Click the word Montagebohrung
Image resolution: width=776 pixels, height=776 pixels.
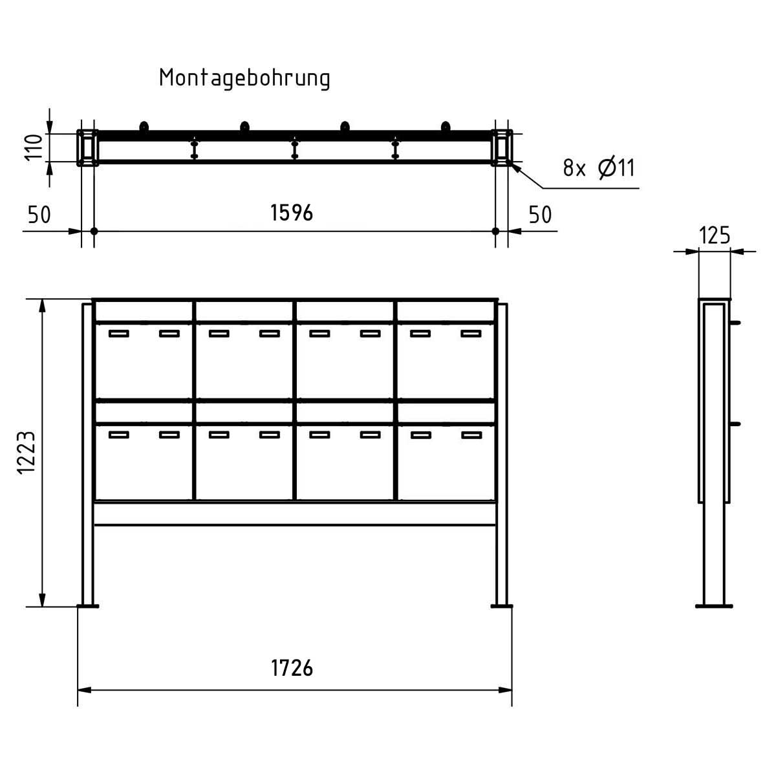click(x=244, y=78)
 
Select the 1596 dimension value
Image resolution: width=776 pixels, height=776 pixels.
click(x=292, y=213)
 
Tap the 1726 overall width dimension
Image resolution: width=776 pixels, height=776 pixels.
click(x=292, y=668)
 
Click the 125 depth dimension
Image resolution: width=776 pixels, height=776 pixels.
click(x=715, y=235)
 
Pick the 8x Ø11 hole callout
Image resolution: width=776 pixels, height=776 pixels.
click(x=599, y=169)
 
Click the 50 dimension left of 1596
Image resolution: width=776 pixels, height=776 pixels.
click(x=39, y=215)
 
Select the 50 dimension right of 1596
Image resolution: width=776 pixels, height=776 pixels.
click(x=541, y=215)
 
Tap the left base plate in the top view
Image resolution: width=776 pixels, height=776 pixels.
click(x=87, y=148)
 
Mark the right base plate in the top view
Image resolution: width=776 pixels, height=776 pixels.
click(x=502, y=148)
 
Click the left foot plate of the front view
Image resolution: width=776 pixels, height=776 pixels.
click(x=88, y=606)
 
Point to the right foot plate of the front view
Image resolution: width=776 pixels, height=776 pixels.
click(x=501, y=606)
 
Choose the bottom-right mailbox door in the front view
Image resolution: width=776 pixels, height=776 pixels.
click(x=446, y=460)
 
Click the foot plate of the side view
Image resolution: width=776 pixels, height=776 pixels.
click(x=715, y=606)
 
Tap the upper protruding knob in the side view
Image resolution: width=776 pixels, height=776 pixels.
click(x=736, y=322)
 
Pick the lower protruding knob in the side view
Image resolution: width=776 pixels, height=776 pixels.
click(x=736, y=424)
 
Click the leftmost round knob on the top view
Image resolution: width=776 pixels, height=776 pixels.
click(x=144, y=126)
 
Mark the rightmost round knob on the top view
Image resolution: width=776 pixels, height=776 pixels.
click(x=446, y=126)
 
